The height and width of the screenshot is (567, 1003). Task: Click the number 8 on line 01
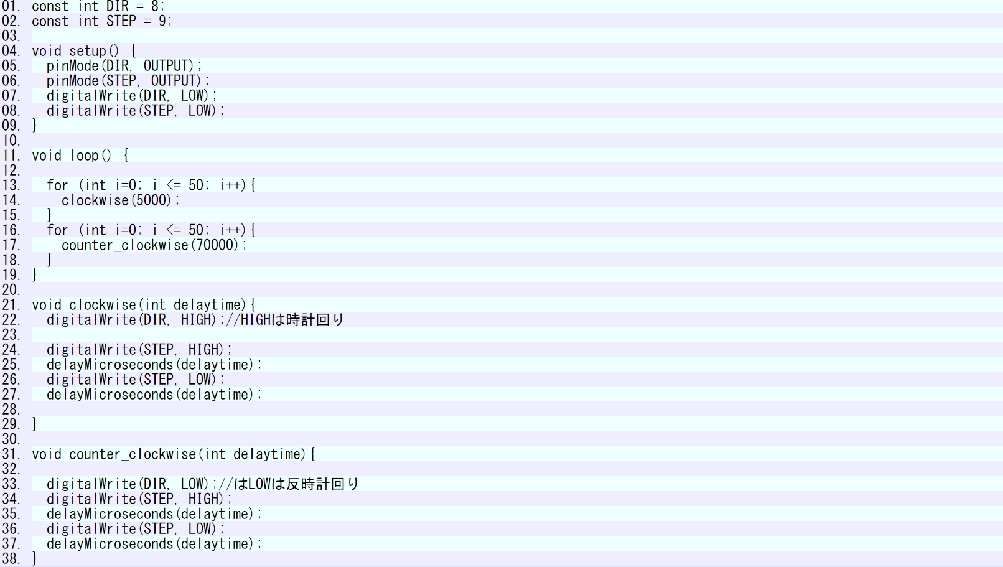(x=154, y=6)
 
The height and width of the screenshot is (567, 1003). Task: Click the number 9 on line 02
(x=162, y=21)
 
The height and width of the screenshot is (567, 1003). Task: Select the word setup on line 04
(x=88, y=51)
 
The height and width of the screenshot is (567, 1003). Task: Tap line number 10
(x=11, y=141)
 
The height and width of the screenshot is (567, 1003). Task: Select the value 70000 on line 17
(x=215, y=245)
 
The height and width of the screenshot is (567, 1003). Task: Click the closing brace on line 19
(x=35, y=275)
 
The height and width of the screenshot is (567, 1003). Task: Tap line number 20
(x=11, y=290)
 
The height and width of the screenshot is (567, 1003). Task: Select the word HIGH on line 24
(x=204, y=350)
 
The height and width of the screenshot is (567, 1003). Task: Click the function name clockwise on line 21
(x=102, y=305)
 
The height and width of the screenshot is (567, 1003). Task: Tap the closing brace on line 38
(x=35, y=559)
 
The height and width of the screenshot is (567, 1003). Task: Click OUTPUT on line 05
(x=166, y=66)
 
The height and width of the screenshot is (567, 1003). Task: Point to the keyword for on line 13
(x=57, y=185)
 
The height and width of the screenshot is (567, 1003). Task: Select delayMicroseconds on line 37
(x=110, y=544)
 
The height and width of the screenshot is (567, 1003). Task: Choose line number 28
(x=11, y=410)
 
